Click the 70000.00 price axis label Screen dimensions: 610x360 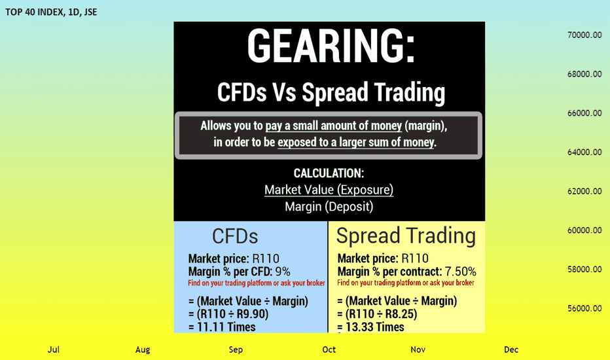pyautogui.click(x=584, y=35)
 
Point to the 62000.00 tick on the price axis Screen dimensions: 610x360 pyautogui.click(x=584, y=191)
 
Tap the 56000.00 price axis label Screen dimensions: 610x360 pyautogui.click(x=584, y=308)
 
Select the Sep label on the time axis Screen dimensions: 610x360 pyautogui.click(x=236, y=350)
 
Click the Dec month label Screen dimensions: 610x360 pyautogui.click(x=511, y=350)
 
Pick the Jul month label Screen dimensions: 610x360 pyautogui.click(x=54, y=350)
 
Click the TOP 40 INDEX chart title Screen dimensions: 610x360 pyautogui.click(x=51, y=12)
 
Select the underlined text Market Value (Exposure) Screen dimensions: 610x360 pyautogui.click(x=329, y=190)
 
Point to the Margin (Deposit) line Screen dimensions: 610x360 pyautogui.click(x=329, y=206)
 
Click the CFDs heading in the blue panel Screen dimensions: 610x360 pyautogui.click(x=235, y=236)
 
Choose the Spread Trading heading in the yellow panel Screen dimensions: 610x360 pyautogui.click(x=406, y=236)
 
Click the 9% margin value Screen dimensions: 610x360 pyautogui.click(x=283, y=271)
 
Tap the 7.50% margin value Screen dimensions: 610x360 pyautogui.click(x=461, y=271)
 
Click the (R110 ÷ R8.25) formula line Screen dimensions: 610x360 pyautogui.click(x=377, y=314)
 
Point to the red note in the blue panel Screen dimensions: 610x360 pyautogui.click(x=257, y=283)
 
